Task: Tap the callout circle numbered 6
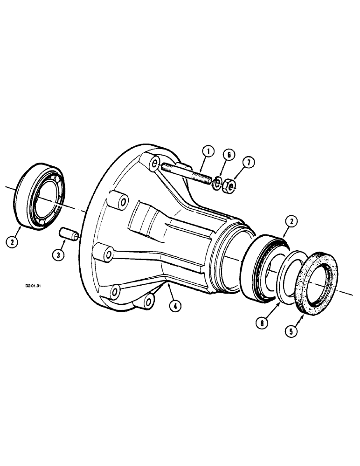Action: (227, 155)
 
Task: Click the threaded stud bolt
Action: (187, 173)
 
